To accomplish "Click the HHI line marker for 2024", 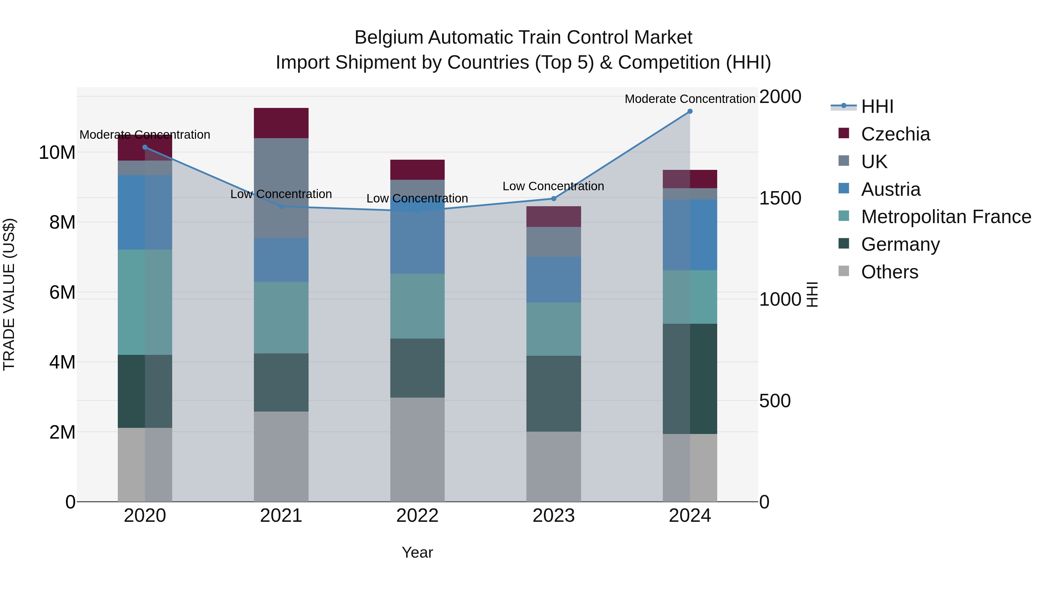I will [x=690, y=111].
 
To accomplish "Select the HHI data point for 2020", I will [x=145, y=147].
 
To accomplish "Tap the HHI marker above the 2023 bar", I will [x=553, y=198].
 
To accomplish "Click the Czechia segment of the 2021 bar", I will [x=281, y=123].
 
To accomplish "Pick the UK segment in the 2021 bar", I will [x=281, y=188].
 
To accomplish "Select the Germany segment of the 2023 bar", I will [x=553, y=394].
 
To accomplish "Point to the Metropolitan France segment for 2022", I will [x=417, y=306].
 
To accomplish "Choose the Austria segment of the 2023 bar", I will [x=553, y=279].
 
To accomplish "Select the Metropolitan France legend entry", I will [x=945, y=217].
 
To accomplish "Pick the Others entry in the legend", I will [x=889, y=272].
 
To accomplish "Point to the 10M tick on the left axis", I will [x=57, y=153].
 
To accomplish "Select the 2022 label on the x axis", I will [x=417, y=516].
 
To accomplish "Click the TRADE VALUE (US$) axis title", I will [x=9, y=294].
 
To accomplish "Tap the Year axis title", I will [x=417, y=552].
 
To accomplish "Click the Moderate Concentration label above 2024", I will [x=690, y=99].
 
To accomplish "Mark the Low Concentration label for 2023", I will [x=553, y=186].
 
